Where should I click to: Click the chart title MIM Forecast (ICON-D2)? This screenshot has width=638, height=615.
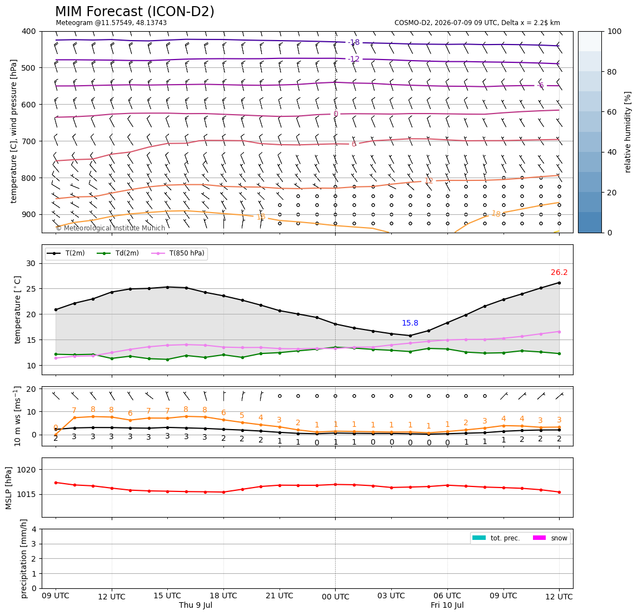134,11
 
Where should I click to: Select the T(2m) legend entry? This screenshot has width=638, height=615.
66,253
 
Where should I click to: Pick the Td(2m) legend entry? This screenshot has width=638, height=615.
118,253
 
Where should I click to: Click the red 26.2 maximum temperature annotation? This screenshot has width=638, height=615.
559,272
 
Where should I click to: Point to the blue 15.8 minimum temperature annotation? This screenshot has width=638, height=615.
410,323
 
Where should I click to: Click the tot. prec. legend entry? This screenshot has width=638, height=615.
496,538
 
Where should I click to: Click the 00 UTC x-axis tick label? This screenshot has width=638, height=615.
335,597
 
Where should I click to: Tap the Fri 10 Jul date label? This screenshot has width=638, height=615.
447,605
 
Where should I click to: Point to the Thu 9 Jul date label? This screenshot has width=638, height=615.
196,605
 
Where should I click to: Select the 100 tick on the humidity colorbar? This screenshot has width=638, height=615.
615,31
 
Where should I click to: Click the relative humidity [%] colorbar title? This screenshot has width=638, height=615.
628,132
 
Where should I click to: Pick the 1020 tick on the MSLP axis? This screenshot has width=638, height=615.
27,470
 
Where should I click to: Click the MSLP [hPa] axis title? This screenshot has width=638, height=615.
9,488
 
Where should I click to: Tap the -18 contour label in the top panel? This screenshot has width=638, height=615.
354,42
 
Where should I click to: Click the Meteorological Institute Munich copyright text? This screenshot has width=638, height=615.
110,228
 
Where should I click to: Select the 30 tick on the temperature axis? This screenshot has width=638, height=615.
31,263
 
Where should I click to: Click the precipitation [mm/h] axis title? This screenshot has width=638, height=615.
23,559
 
